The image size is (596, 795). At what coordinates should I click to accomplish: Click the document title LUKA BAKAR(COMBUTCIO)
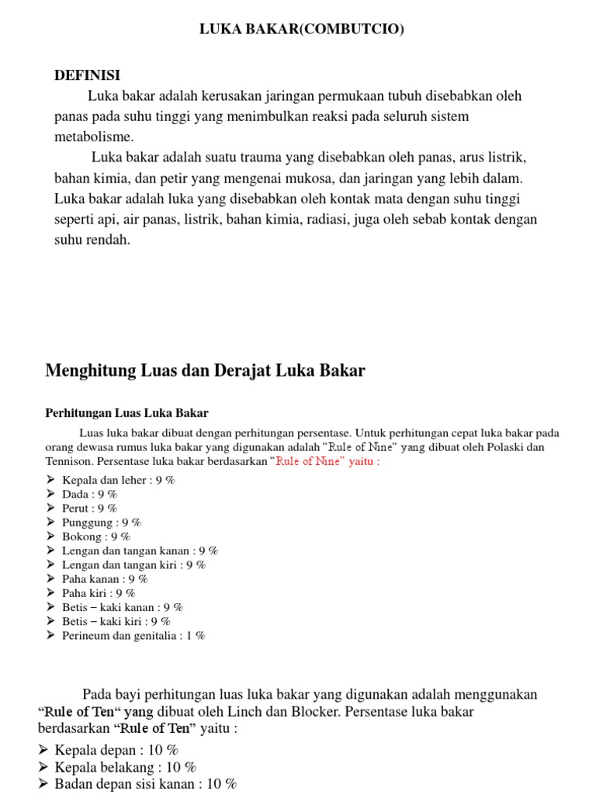point(302,30)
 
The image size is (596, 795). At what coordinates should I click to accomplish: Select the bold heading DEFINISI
point(87,75)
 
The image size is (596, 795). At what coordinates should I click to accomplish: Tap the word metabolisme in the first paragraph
point(94,137)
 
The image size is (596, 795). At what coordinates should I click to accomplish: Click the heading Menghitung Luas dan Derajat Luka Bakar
point(205,370)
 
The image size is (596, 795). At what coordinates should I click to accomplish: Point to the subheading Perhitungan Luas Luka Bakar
point(126,413)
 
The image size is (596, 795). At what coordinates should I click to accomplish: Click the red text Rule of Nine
point(310,461)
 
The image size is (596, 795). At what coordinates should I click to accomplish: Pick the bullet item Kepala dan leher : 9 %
point(118,480)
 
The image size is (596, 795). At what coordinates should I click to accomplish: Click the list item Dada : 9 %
point(89,494)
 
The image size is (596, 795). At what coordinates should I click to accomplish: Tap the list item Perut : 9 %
point(89,509)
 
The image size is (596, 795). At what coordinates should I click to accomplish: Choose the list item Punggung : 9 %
point(101,522)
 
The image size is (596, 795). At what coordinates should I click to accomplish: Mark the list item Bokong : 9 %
point(95,536)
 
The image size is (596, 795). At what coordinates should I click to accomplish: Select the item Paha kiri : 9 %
point(99,593)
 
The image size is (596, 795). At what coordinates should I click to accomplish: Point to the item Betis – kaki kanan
point(111,607)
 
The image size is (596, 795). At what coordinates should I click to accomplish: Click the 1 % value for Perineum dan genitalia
point(196,635)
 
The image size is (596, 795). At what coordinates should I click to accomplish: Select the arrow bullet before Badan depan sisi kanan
point(43,784)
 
